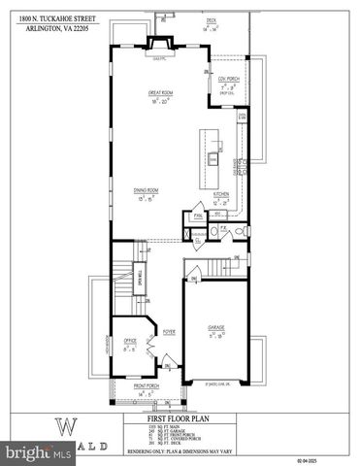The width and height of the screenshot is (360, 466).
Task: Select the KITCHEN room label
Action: (221, 193)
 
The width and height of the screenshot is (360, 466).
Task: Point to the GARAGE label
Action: (215, 327)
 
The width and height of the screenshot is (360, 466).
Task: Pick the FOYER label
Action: (167, 329)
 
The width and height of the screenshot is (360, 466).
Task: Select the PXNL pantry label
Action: (198, 216)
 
